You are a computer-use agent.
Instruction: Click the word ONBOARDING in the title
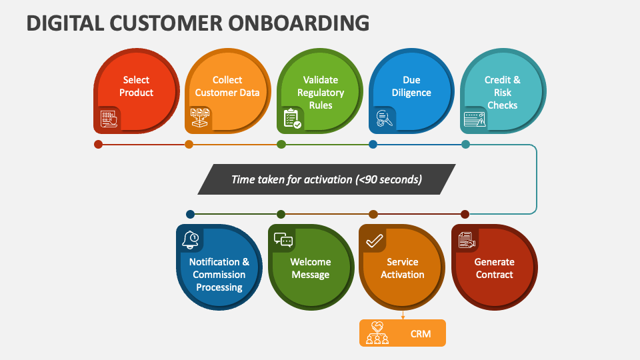click(299, 23)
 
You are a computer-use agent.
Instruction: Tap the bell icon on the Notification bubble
click(190, 239)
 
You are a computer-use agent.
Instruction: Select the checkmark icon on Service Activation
click(374, 241)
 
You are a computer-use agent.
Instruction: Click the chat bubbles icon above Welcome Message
click(283, 240)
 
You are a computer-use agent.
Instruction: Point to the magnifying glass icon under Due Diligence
click(384, 119)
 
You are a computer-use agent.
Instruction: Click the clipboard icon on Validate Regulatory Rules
click(292, 119)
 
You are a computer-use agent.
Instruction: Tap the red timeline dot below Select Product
click(98, 144)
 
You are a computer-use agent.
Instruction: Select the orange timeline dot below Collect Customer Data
click(189, 144)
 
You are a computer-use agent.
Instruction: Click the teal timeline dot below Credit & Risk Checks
click(465, 144)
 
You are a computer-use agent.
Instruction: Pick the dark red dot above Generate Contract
click(465, 214)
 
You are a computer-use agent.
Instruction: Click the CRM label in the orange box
click(421, 334)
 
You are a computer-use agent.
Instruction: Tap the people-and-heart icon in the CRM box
click(377, 333)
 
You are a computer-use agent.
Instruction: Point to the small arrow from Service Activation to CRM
click(403, 315)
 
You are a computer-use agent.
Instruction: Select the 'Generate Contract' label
click(494, 268)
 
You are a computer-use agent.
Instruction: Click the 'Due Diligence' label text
click(411, 86)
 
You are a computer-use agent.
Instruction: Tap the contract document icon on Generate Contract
click(467, 240)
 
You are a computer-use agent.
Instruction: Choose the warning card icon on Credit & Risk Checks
click(475, 119)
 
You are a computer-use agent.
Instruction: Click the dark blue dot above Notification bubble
click(190, 214)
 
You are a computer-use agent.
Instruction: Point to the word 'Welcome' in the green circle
click(311, 261)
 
